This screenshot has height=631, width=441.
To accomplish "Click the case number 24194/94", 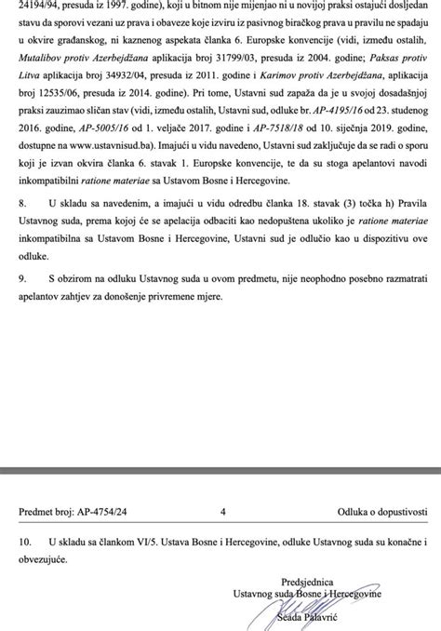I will pyautogui.click(x=38, y=6).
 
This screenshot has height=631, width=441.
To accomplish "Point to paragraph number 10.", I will pyautogui.click(x=25, y=541).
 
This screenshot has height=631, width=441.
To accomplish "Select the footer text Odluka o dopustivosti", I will pyautogui.click(x=377, y=511).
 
